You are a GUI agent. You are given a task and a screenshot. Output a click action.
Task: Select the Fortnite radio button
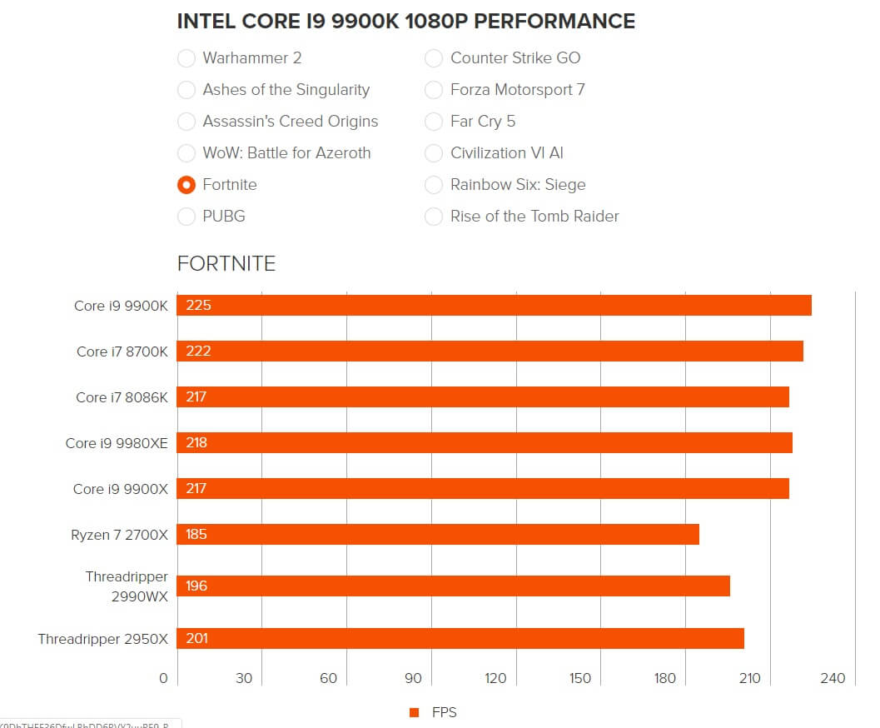[186, 185]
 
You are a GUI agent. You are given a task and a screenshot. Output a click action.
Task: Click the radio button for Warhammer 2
[186, 58]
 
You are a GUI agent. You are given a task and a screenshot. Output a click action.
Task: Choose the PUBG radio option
[186, 217]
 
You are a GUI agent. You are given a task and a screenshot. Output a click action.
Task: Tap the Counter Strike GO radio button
[434, 58]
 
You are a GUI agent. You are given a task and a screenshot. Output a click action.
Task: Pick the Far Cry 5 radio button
[434, 122]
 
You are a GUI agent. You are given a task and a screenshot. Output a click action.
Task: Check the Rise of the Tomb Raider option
[434, 217]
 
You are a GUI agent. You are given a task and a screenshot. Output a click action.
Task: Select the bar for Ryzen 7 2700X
[438, 534]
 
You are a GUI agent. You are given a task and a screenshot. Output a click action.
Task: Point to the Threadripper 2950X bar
[460, 638]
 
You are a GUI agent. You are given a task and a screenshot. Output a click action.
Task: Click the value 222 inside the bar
[198, 351]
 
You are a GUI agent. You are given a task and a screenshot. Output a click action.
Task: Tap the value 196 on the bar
[197, 586]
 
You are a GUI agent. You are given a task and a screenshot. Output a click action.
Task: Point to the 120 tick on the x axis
[495, 678]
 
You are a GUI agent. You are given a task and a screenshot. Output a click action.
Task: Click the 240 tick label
[833, 678]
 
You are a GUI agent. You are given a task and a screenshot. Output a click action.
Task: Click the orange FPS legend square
[414, 712]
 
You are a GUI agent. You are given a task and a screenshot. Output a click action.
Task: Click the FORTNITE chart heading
[226, 264]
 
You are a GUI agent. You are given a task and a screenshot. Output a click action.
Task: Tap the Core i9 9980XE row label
[117, 443]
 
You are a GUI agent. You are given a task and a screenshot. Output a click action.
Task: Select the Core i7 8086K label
[122, 397]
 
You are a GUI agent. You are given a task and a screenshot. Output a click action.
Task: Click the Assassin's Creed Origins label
[290, 122]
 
